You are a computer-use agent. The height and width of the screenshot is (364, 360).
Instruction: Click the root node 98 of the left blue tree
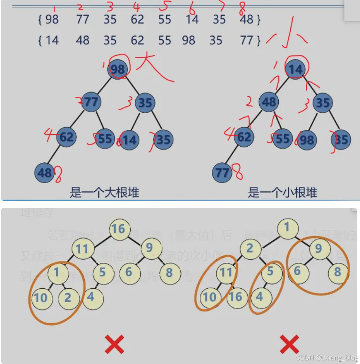click(x=118, y=69)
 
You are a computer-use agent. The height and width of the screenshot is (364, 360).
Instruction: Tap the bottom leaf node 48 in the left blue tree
click(x=45, y=172)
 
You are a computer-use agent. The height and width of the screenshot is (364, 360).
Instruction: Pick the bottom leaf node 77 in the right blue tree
click(x=222, y=172)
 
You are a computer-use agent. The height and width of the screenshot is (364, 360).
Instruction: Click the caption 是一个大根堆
click(x=104, y=193)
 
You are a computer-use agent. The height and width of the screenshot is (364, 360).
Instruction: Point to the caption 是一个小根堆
click(x=282, y=193)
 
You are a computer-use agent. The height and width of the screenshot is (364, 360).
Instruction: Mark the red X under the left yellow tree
click(x=114, y=344)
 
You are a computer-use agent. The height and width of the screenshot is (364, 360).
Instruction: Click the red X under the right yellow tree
click(x=290, y=344)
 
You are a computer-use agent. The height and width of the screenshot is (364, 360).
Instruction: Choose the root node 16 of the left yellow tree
click(x=118, y=229)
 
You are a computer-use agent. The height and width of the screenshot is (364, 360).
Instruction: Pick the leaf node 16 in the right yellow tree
click(x=236, y=297)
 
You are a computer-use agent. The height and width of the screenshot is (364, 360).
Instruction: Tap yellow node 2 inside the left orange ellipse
click(x=68, y=297)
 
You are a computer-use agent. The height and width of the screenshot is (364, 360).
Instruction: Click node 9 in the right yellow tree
click(x=318, y=248)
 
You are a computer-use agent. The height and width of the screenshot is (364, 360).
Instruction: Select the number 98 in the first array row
click(x=52, y=19)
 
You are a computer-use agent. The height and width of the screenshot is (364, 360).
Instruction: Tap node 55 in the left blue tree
click(x=105, y=138)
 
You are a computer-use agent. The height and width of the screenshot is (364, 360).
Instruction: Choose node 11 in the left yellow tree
click(x=82, y=249)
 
